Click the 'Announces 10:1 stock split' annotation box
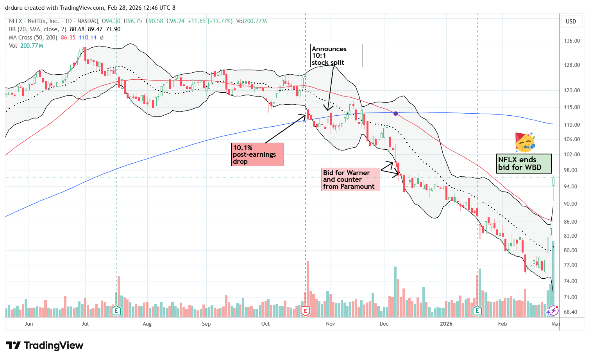click(x=336, y=56)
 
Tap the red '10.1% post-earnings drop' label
click(x=257, y=154)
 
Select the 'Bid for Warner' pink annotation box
click(x=350, y=179)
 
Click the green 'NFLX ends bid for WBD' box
click(x=524, y=163)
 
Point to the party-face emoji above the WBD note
click(x=525, y=142)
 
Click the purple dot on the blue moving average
click(x=396, y=113)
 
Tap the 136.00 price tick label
click(x=572, y=41)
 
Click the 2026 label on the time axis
click(x=446, y=324)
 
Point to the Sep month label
click(x=206, y=324)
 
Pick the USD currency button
click(x=571, y=21)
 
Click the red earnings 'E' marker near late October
click(x=306, y=311)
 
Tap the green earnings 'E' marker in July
click(x=116, y=311)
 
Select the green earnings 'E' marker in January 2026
click(x=477, y=311)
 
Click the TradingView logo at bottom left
click(x=45, y=346)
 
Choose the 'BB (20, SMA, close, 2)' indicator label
click(x=38, y=29)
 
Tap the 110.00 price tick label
click(x=572, y=125)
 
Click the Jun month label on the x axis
click(x=29, y=324)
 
